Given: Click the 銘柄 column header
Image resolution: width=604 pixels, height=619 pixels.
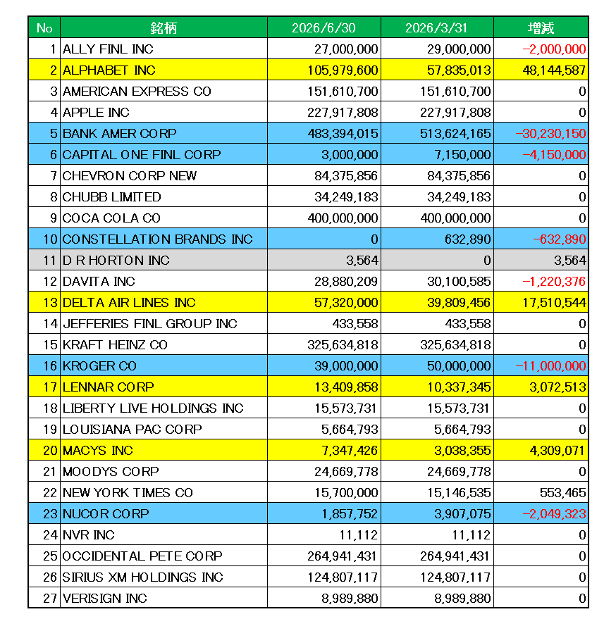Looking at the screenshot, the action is [164, 27].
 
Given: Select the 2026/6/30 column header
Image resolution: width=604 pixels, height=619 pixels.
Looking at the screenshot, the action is [323, 27].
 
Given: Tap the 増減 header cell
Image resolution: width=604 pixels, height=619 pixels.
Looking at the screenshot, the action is [541, 27].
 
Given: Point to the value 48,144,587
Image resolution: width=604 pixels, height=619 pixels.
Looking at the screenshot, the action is [554, 70].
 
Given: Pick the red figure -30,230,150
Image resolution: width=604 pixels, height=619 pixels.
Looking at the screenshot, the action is [550, 133].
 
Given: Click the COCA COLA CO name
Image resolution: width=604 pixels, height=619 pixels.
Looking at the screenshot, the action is [111, 218].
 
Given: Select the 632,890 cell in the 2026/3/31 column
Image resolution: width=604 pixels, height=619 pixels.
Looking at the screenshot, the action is [467, 239].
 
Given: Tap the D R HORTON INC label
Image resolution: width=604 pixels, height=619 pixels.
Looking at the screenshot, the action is [116, 260].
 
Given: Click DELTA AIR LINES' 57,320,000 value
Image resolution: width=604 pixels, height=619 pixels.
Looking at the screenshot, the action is [346, 302].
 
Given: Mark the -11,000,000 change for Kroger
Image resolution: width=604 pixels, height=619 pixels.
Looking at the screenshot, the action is [550, 366].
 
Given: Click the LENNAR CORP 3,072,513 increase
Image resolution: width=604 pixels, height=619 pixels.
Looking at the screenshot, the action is [557, 387].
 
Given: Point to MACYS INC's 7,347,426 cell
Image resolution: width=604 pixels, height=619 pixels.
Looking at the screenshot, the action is [350, 451].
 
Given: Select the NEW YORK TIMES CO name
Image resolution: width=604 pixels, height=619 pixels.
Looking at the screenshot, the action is [128, 493].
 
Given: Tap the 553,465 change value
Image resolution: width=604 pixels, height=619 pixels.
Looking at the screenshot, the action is [562, 493].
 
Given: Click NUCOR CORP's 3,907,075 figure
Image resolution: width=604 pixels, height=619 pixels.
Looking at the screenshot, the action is [462, 513].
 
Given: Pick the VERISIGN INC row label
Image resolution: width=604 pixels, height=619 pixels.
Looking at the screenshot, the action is [105, 598].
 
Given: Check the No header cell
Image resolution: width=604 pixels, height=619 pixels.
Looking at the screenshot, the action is [44, 27].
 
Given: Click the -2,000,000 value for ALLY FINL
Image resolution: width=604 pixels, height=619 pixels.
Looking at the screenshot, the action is [554, 49].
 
